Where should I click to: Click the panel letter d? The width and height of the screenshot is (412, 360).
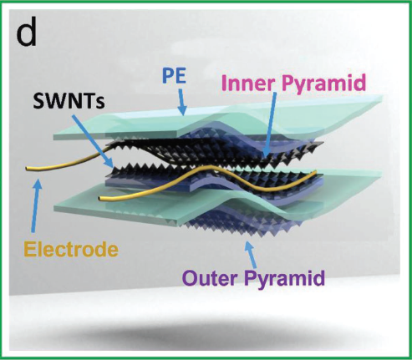click(27, 36)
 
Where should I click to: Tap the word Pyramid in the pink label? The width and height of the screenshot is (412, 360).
click(324, 83)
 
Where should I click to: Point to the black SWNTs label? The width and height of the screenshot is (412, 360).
click(69, 101)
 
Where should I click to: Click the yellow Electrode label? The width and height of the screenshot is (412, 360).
click(71, 249)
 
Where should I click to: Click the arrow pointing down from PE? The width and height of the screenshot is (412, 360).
click(181, 102)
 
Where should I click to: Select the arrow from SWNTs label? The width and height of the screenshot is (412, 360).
click(92, 141)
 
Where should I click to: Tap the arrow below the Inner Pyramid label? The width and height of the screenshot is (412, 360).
click(270, 124)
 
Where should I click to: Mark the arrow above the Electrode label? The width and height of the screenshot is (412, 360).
click(37, 206)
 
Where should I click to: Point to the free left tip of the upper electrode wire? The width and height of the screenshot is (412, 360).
click(27, 169)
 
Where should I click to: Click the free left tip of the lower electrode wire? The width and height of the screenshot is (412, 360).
click(100, 198)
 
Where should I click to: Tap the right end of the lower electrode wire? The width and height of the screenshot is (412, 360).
click(315, 171)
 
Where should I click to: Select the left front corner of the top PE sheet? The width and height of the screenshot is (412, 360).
click(53, 137)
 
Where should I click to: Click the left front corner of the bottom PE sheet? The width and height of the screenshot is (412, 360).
click(54, 207)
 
